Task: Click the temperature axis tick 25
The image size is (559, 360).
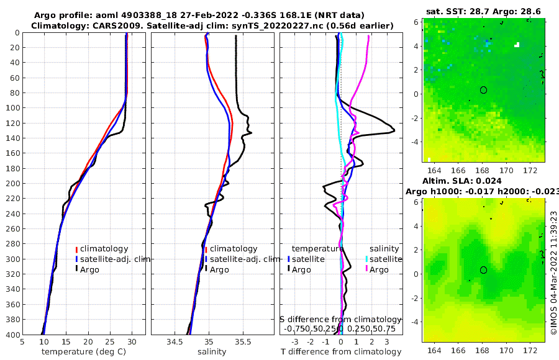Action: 110,341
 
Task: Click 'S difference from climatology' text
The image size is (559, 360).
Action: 340,319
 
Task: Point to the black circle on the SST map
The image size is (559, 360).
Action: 483,90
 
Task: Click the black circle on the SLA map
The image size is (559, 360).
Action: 483,270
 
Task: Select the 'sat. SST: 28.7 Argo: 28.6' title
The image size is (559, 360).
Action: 483,12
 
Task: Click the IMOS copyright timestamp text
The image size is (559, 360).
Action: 552,273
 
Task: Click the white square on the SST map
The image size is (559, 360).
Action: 516,45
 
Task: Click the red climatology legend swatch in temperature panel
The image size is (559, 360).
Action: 76,249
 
